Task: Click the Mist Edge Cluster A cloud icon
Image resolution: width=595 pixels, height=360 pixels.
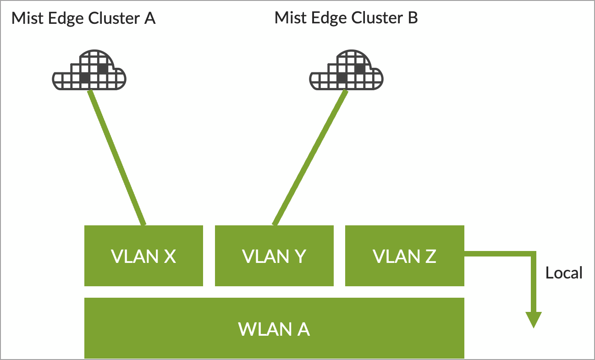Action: coord(89,72)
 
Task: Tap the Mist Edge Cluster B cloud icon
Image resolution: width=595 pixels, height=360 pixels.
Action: coord(346,72)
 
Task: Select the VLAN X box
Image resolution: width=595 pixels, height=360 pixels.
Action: coord(143,256)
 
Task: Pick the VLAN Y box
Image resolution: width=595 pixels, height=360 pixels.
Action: coord(274,256)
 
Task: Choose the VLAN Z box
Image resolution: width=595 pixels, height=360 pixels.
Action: coord(404,256)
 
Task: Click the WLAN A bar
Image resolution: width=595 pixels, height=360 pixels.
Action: coord(274,328)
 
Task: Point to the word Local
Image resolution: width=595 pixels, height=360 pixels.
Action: coord(563,273)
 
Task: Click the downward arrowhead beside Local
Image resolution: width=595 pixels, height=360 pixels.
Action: coord(534,320)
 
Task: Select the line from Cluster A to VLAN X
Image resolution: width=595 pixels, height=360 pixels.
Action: coord(117,157)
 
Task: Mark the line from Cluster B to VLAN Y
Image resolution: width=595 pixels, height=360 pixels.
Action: coord(310,157)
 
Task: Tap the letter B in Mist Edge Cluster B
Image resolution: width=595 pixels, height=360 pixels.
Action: coord(412,19)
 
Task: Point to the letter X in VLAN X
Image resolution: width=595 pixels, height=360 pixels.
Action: coord(169,256)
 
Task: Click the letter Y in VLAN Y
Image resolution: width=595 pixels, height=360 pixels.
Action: coord(300,256)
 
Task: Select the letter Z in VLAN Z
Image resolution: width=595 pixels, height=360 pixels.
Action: coord(430,256)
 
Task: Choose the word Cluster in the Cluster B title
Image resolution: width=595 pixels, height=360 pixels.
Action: coord(377,19)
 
